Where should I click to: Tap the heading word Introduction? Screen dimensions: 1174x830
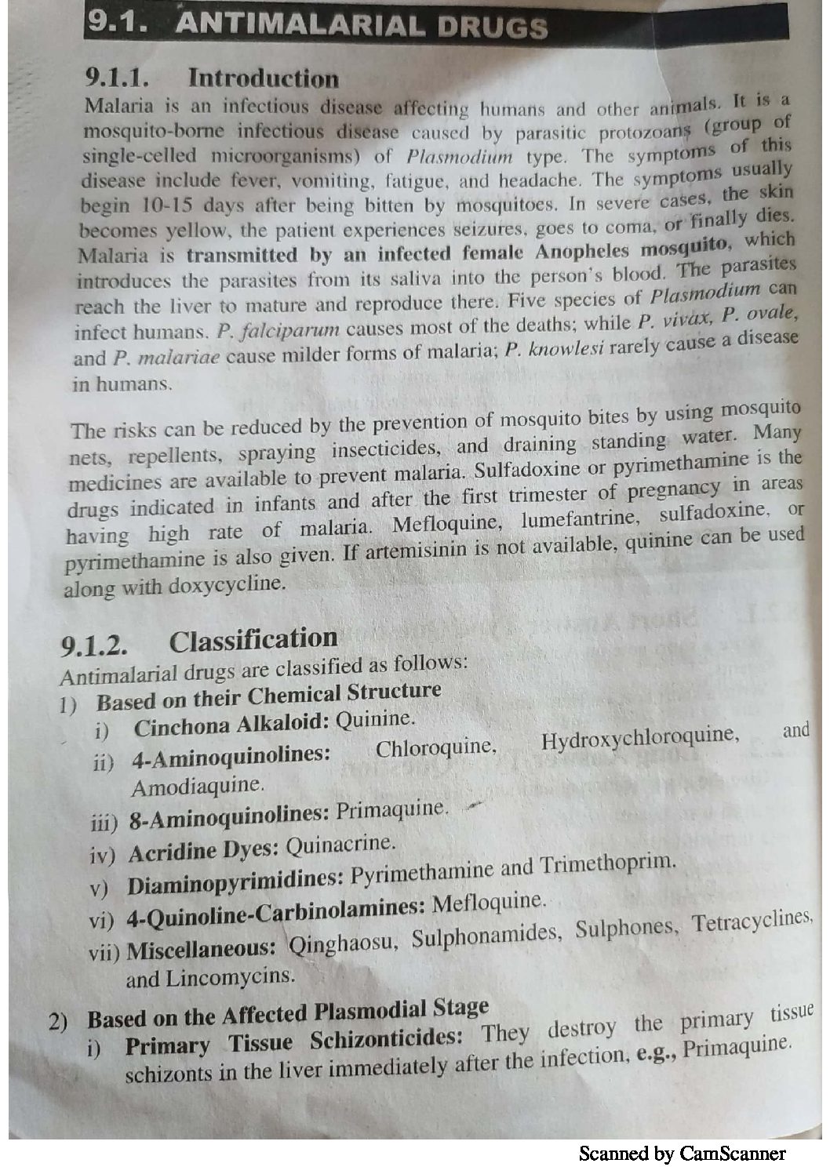pyautogui.click(x=264, y=79)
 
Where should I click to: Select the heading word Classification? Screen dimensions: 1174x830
pyautogui.click(x=253, y=640)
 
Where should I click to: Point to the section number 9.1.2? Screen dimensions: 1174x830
pyautogui.click(x=95, y=647)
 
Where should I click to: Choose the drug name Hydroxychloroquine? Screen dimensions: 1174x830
pyautogui.click(x=639, y=736)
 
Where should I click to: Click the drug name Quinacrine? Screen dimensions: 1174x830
pyautogui.click(x=338, y=845)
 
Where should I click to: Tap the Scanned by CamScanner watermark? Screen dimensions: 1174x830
pyautogui.click(x=681, y=1153)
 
